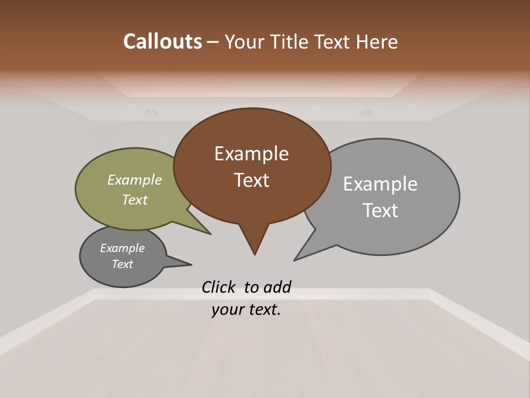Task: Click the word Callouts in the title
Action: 162,41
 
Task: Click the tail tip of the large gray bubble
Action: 295,259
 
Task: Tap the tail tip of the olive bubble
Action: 210,234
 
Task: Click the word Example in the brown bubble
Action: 251,154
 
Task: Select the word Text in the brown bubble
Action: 251,180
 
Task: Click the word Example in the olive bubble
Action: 135,180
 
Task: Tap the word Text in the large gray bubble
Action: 380,211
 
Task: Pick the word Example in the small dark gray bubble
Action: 122,248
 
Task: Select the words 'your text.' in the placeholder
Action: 246,310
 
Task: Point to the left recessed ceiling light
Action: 151,112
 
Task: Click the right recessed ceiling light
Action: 367,112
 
